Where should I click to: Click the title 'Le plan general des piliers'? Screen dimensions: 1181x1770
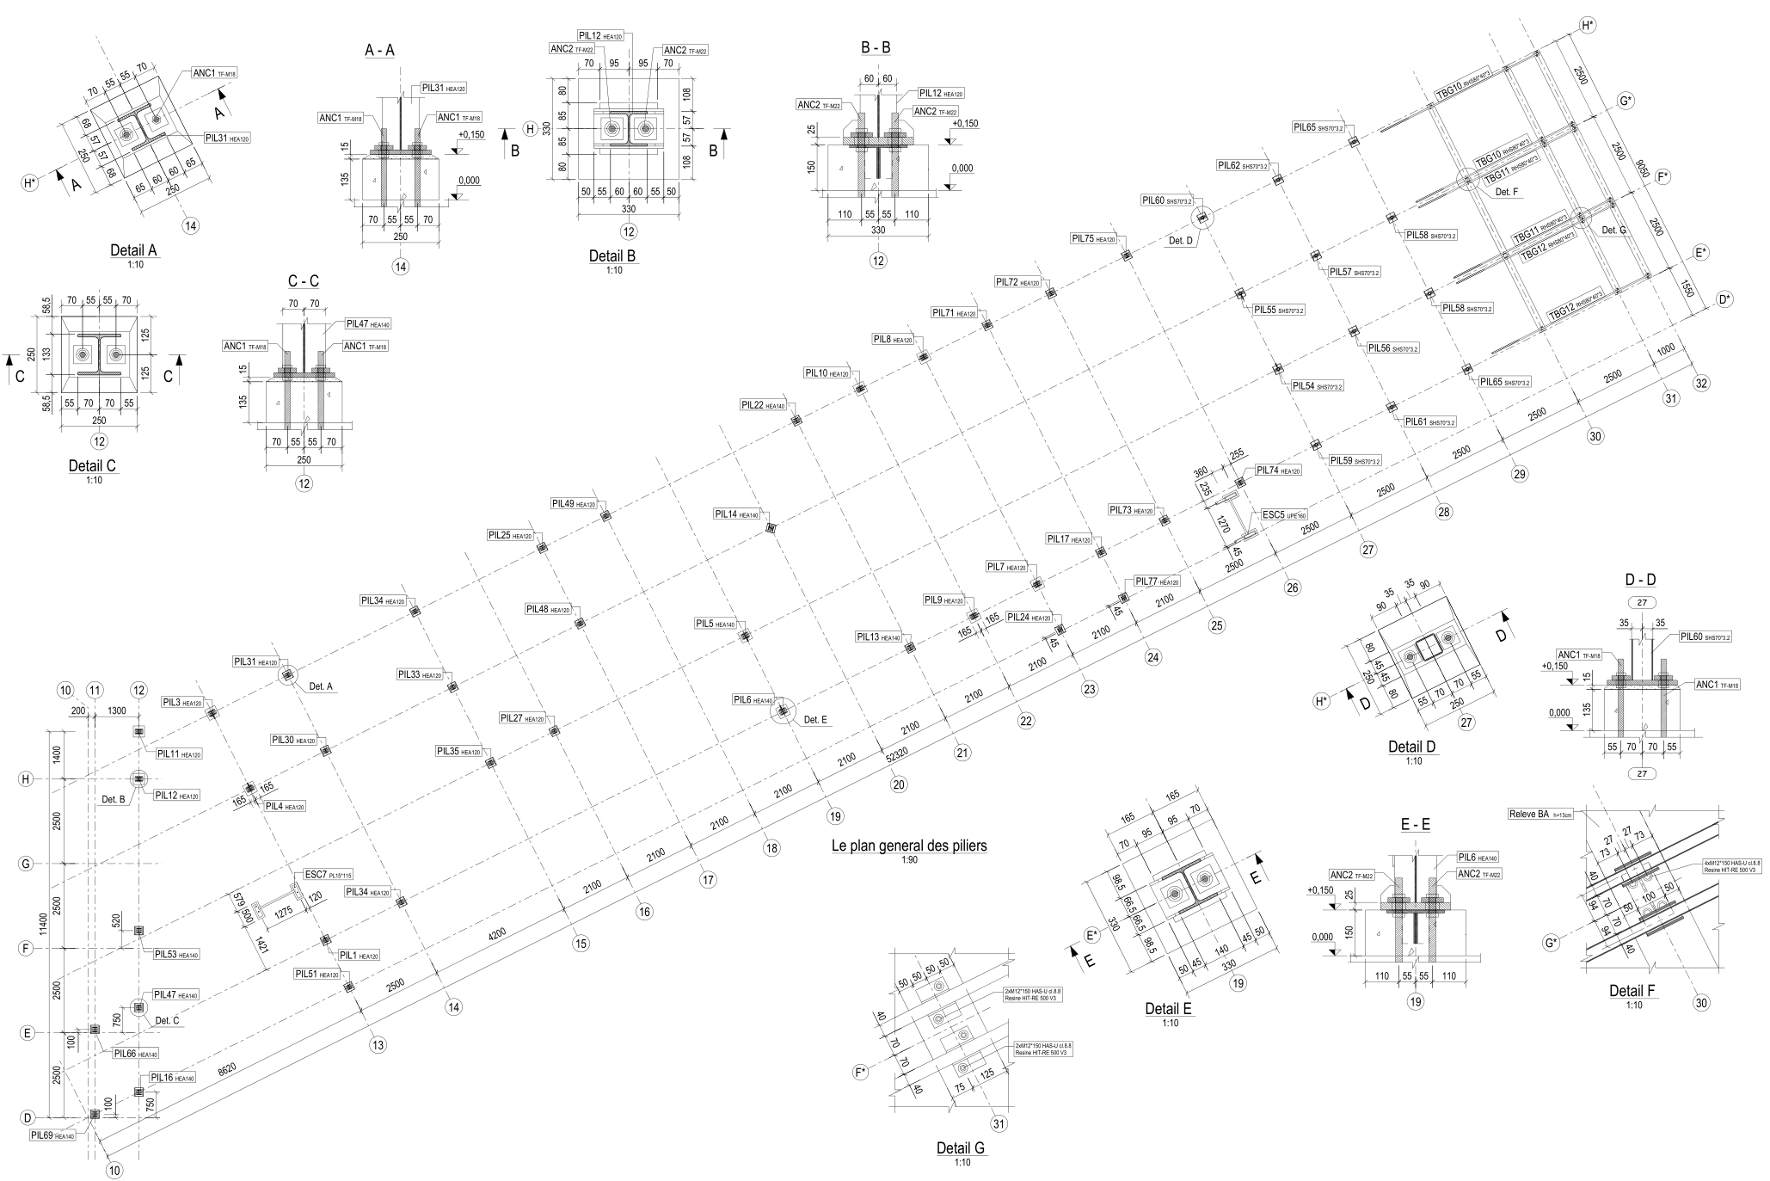click(x=909, y=846)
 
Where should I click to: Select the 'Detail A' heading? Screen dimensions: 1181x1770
click(x=133, y=250)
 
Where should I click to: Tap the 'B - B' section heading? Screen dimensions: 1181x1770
click(x=875, y=47)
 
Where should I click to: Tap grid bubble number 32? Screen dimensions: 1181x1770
click(x=1699, y=384)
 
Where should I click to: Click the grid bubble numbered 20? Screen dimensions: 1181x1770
click(x=899, y=784)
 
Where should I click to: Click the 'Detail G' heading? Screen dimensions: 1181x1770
click(x=961, y=1148)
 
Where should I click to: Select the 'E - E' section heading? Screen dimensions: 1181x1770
click(x=1415, y=825)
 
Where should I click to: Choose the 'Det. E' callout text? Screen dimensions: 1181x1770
click(x=815, y=719)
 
